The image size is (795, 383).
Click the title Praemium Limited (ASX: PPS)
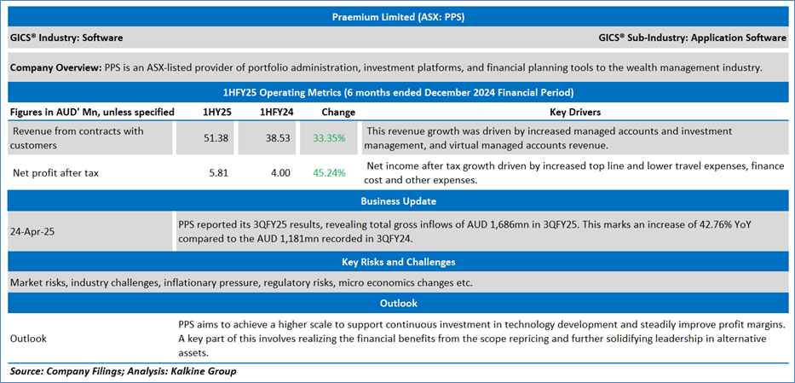[x=397, y=15]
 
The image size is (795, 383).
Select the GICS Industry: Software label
[x=66, y=38]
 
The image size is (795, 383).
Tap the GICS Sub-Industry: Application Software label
[x=693, y=38]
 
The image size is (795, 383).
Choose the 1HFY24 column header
[x=268, y=112]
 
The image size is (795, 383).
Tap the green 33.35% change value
[x=329, y=137]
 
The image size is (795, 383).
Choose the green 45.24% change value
[x=329, y=173]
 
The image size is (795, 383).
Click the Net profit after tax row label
[x=56, y=173]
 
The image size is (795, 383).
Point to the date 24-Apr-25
[x=35, y=230]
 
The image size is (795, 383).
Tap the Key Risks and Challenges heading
[x=397, y=262]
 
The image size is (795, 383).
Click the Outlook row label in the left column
[x=28, y=338]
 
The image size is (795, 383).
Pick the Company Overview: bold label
[x=55, y=67]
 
